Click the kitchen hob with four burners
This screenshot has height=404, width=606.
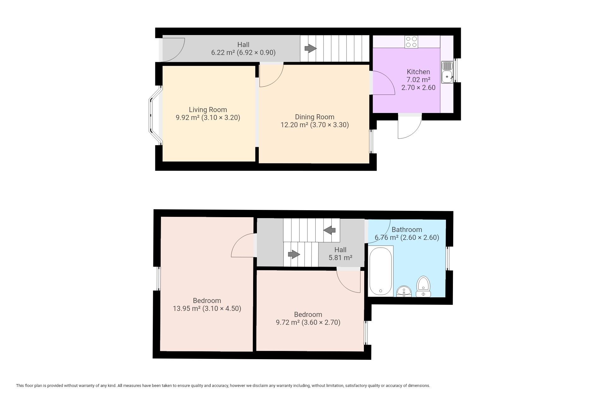[411, 42]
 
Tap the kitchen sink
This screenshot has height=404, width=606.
[447, 72]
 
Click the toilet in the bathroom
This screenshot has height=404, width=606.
[423, 287]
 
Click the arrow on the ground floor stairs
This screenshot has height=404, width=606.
[311, 49]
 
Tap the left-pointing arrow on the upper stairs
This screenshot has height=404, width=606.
[330, 230]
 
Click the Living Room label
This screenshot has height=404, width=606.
[208, 110]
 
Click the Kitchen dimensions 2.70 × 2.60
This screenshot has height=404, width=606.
[419, 88]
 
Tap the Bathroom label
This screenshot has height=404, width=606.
[407, 230]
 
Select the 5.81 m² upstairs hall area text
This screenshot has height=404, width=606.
[341, 258]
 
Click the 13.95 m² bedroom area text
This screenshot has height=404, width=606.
[187, 309]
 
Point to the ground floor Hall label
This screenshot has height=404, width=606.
[243, 45]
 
